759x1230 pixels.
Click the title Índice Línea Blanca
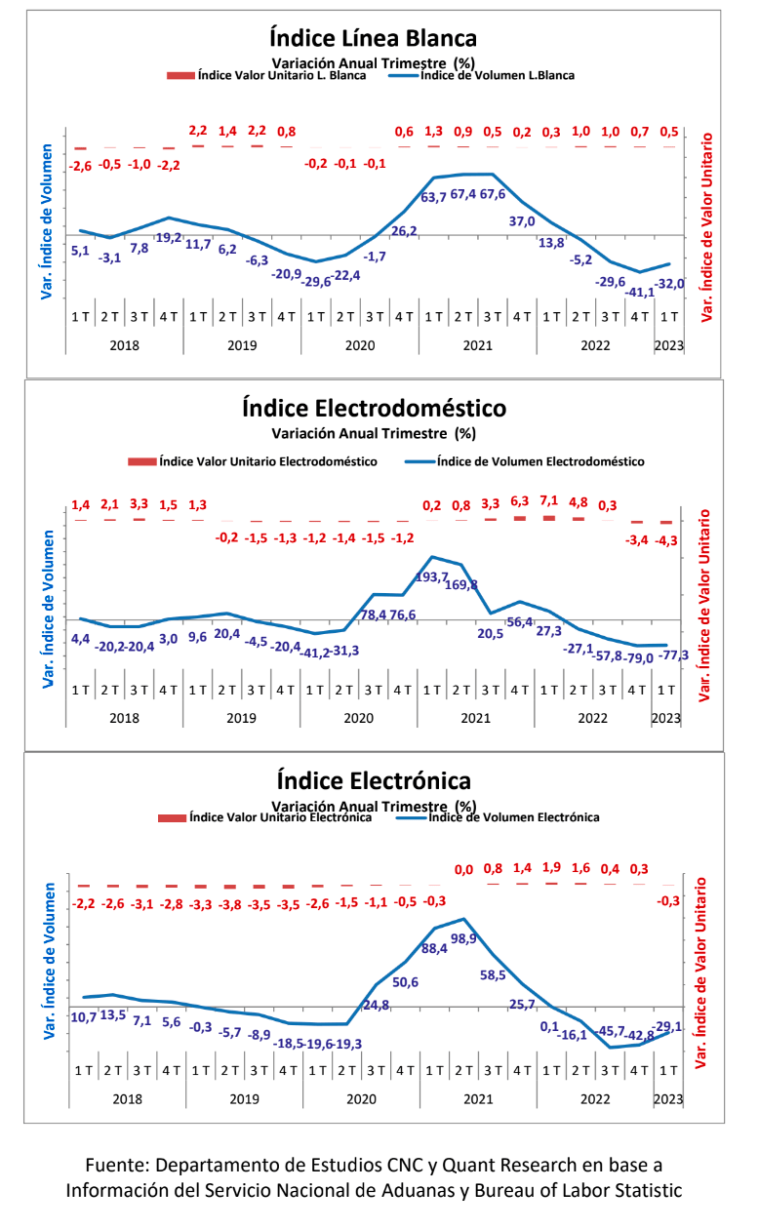(374, 38)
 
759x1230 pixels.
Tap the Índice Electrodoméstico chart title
(374, 408)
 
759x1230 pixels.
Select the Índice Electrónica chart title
(374, 780)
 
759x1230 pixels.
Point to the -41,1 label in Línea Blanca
(638, 292)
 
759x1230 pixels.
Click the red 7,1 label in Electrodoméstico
(549, 503)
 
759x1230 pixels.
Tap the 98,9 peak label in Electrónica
(464, 938)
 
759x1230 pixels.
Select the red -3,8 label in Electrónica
(231, 904)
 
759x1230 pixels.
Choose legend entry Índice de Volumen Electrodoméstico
(540, 461)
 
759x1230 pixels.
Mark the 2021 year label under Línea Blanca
(476, 345)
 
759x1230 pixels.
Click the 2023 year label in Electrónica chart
(668, 1099)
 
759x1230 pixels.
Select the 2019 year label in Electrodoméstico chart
(241, 718)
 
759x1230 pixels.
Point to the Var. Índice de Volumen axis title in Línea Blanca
(46, 221)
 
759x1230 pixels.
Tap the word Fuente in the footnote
(114, 1166)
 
